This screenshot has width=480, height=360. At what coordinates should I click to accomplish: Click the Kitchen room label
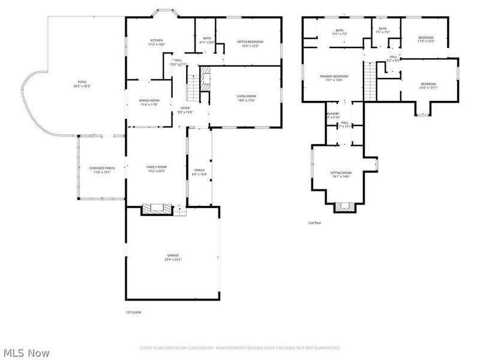[x=156, y=40]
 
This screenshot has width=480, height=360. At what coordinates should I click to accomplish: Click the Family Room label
[x=157, y=167]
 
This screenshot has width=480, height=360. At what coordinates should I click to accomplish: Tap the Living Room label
[x=246, y=96]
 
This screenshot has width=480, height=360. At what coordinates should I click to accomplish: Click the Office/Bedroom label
[x=250, y=41]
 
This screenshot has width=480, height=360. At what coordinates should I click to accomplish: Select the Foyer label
[x=185, y=108]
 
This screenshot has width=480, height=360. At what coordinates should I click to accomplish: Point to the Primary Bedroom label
[x=333, y=76]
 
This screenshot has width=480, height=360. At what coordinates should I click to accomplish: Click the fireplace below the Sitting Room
[x=344, y=207]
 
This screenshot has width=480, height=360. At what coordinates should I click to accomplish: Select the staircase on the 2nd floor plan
[x=370, y=81]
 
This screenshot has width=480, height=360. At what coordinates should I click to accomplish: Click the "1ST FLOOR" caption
[x=133, y=312]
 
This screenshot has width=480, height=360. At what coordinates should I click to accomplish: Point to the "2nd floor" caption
[x=315, y=223]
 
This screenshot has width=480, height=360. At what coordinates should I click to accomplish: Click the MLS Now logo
[x=26, y=353]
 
